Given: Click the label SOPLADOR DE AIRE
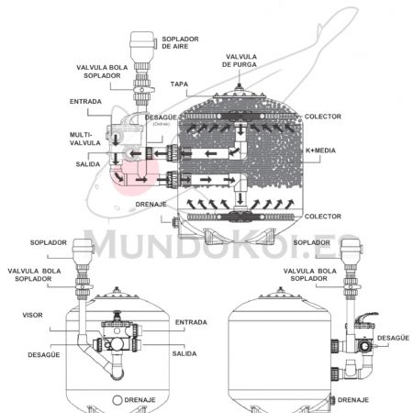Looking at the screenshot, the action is [180, 43].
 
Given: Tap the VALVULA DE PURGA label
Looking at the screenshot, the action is [240, 61].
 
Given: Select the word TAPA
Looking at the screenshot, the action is [179, 84].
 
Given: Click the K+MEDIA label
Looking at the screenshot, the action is [320, 151].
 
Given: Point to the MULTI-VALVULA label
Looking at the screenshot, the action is [81, 139].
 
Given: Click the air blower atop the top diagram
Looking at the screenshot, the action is [142, 47].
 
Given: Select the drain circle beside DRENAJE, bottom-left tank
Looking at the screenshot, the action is [117, 400].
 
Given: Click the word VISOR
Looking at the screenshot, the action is [32, 315].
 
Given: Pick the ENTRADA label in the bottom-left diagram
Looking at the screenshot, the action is [191, 322].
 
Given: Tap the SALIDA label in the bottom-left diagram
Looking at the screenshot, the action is [184, 353].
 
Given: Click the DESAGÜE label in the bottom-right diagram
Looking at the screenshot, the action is [393, 338].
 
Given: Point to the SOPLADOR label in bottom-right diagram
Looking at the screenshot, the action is [312, 242].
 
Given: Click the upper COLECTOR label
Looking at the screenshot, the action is [323, 117].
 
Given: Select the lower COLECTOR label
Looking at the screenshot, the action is [323, 217].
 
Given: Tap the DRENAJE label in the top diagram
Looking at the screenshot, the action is [151, 205].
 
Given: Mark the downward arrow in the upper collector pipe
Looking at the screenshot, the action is [241, 129].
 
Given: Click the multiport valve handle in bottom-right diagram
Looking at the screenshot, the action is [367, 318].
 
